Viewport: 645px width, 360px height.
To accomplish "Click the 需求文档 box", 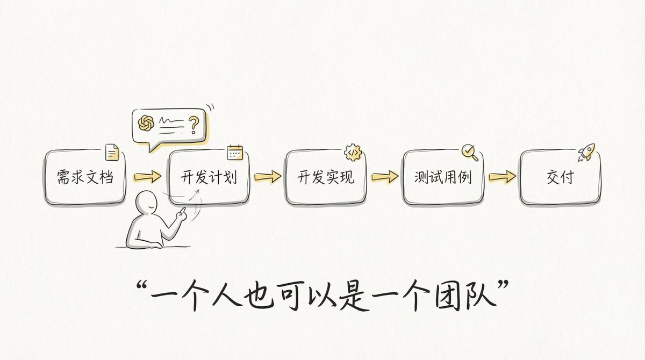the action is tap(85, 177).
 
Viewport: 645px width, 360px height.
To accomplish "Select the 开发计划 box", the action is tap(210, 177).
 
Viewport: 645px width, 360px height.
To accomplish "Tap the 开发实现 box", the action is tap(326, 177).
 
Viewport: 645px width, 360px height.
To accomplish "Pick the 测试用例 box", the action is tap(443, 177).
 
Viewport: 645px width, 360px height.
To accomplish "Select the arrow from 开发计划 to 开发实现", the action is tap(268, 176).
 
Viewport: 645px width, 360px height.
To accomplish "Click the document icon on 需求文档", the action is tap(112, 152).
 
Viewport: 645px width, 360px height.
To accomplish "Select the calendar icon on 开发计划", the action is tap(235, 153).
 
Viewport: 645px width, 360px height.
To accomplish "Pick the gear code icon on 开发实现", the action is tap(353, 153).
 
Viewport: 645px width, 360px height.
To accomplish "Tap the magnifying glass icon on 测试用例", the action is tap(470, 153).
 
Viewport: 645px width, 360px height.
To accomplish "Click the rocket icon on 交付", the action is tap(586, 152).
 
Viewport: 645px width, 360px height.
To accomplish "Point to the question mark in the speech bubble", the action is tap(193, 125).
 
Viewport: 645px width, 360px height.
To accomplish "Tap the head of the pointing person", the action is tap(145, 204).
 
